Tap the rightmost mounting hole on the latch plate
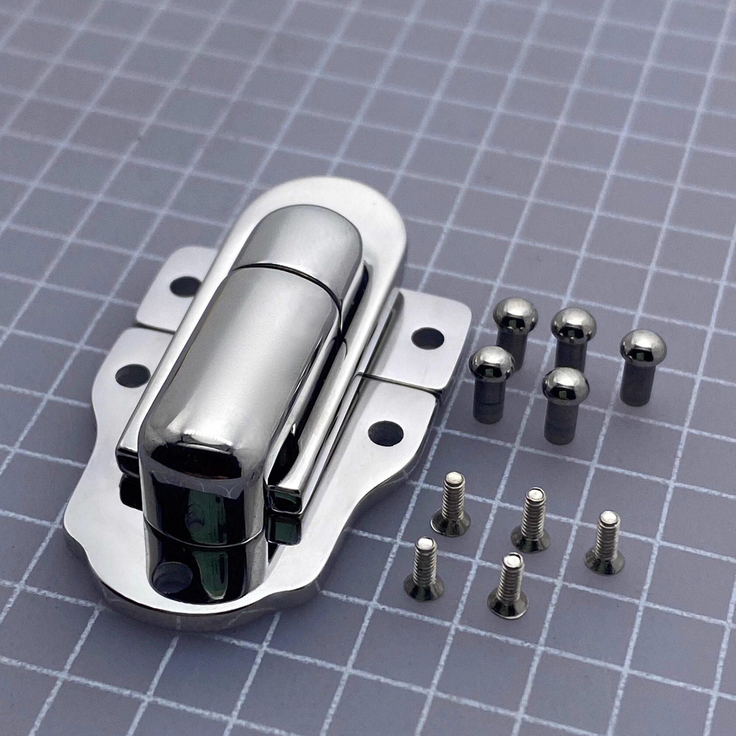tap(427, 337)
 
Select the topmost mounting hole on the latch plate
tap(183, 285)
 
